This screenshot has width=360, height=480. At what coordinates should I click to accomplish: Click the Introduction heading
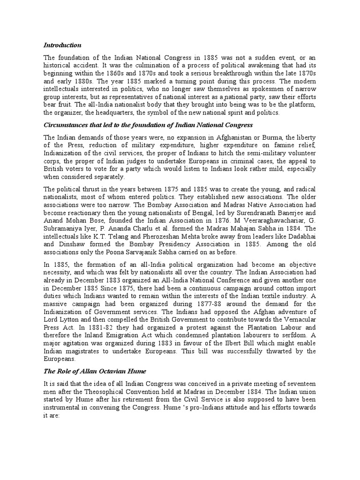click(62, 45)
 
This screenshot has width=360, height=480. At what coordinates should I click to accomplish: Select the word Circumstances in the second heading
click(66, 125)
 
